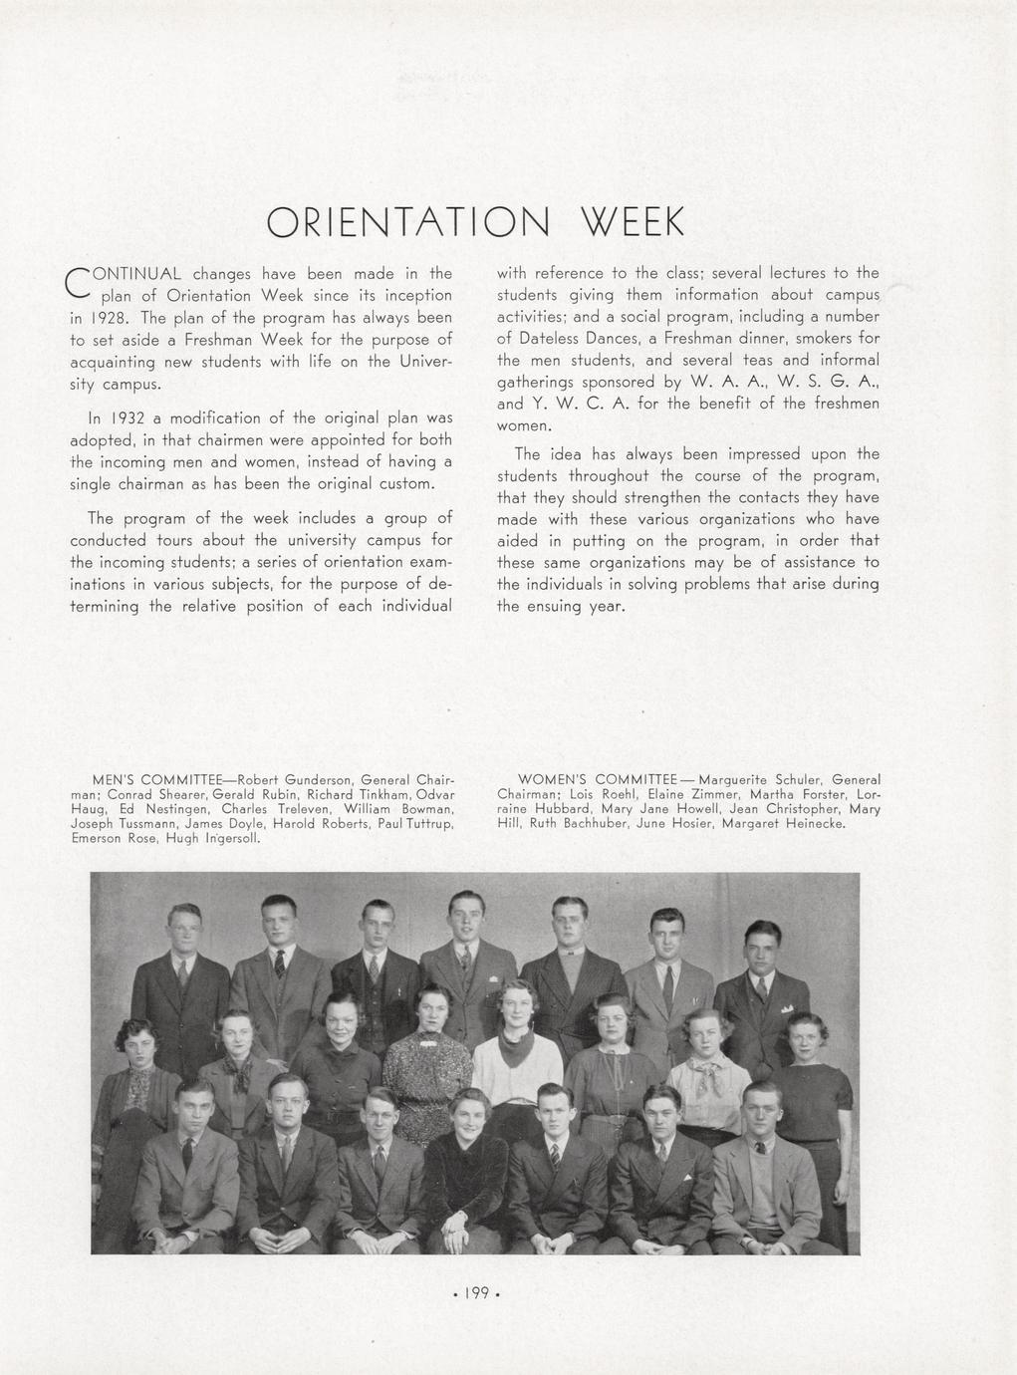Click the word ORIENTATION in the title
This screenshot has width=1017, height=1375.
[408, 223]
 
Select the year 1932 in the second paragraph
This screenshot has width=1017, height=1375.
[129, 417]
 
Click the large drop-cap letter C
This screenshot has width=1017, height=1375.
[77, 283]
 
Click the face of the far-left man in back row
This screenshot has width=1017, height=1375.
[184, 930]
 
